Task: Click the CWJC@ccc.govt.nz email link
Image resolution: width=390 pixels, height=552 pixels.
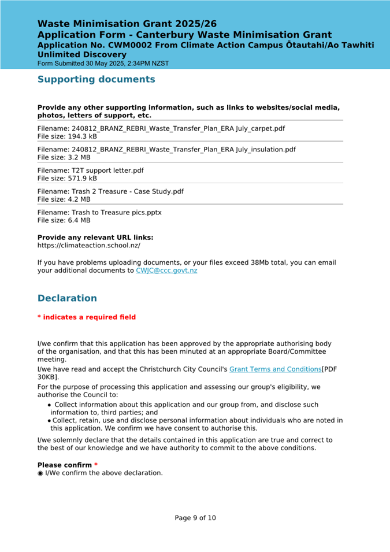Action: pos(166,271)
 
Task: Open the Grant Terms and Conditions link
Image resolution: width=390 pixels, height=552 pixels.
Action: pos(275,369)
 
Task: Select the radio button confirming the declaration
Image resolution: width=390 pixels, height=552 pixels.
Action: pos(40,473)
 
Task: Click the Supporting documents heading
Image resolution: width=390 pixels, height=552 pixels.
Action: pos(96,79)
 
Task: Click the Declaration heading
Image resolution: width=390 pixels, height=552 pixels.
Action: pos(67,298)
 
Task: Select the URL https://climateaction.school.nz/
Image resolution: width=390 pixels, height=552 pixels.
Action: pos(89,245)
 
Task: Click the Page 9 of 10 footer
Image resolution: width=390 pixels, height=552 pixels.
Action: pos(195,518)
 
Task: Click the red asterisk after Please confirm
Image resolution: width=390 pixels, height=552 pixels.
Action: pos(96,465)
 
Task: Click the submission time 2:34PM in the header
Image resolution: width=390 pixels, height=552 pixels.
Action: pos(130,63)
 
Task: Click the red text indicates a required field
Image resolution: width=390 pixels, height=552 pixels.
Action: pos(87,317)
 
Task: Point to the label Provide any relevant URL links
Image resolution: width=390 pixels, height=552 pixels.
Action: pos(95,237)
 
